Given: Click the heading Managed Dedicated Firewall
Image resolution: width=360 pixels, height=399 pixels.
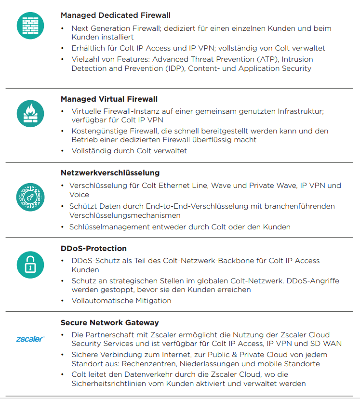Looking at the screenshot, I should click(x=115, y=15).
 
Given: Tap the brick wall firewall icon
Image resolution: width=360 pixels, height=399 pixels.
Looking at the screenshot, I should click(x=30, y=26).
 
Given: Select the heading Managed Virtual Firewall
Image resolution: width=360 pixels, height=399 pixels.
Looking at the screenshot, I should click(x=109, y=99).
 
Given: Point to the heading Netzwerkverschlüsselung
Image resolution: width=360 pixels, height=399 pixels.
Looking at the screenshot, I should click(x=110, y=173).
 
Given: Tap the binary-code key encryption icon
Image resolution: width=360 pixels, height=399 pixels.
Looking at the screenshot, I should click(x=30, y=196).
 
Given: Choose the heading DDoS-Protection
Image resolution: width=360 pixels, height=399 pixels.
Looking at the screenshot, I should click(x=93, y=249).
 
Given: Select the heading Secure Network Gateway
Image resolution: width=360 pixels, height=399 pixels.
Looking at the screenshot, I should click(x=109, y=323).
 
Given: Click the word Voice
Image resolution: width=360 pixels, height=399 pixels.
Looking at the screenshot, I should click(x=79, y=195).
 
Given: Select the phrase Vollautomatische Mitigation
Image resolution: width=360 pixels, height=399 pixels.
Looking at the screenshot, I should click(x=121, y=301).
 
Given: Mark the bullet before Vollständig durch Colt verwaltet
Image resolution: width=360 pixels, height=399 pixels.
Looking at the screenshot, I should click(x=63, y=151).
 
